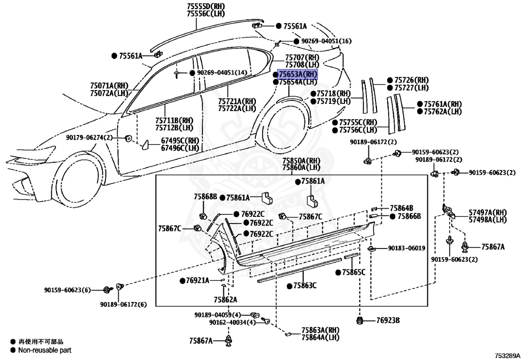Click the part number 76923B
[388, 320]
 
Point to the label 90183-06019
[406, 248]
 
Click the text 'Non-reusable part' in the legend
[45, 350]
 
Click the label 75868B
[205, 197]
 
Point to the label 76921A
[197, 281]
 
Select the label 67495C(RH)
[180, 141]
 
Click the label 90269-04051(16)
[326, 41]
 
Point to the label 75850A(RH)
[301, 160]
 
